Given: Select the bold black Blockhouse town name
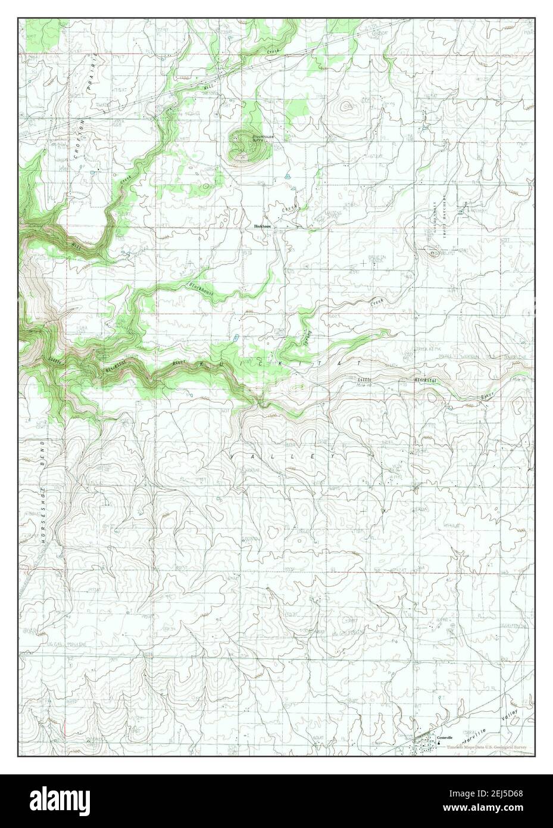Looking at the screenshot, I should (x=262, y=226).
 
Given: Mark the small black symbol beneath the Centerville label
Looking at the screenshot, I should (x=440, y=743).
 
